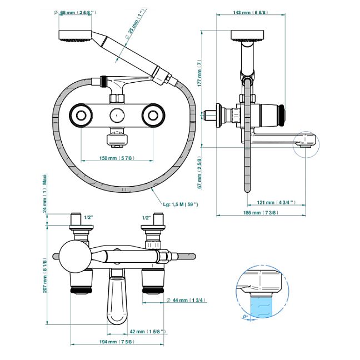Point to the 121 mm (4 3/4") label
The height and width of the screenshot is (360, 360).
(276, 202)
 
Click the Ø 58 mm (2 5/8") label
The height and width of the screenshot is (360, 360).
(79, 12)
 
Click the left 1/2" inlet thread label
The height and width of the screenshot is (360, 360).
(87, 217)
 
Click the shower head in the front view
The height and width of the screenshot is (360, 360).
(75, 37)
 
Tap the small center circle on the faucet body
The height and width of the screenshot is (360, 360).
(117, 116)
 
